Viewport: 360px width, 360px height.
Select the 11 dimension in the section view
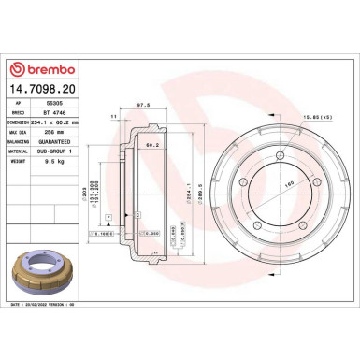tap(113, 116)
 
